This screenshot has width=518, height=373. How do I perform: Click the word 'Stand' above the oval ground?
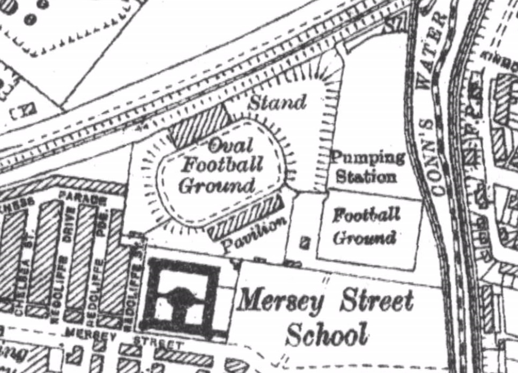[x=277, y=101]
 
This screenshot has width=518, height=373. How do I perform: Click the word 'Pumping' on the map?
[x=367, y=158]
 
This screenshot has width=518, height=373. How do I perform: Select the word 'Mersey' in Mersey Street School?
[x=280, y=301]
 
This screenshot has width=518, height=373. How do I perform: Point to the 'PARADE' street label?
[x=83, y=197]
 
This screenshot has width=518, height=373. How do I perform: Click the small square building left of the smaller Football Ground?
[x=305, y=243]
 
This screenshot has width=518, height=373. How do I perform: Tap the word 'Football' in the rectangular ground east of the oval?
[x=366, y=216]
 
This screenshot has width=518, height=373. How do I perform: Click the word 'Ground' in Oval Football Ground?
[x=216, y=186]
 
